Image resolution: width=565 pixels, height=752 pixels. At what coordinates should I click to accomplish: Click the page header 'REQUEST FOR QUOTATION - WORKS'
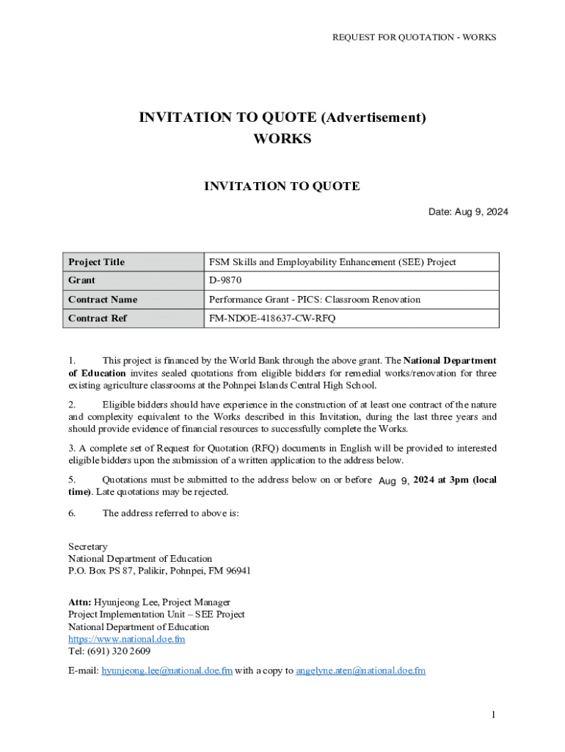coord(415,37)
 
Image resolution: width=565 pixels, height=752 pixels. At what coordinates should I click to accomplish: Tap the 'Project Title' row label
coord(96,262)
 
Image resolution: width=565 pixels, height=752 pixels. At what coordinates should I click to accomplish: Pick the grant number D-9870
coord(225,281)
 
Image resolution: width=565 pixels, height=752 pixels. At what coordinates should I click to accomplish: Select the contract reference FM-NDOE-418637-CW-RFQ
coord(272,319)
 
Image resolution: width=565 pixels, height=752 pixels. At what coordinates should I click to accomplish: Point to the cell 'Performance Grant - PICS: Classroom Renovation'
coord(315,300)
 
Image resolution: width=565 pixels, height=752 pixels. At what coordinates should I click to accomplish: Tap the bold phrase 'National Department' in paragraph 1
coord(450,361)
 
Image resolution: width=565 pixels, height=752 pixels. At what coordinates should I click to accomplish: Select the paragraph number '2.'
coord(72,405)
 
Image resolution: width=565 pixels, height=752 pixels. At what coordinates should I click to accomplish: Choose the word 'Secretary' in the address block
coord(88,546)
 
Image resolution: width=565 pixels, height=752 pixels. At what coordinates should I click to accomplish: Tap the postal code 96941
coord(236,571)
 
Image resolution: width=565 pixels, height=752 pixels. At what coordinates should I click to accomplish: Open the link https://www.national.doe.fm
coord(126,639)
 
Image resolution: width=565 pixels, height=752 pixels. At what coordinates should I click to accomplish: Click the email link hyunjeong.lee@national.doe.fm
coord(167,670)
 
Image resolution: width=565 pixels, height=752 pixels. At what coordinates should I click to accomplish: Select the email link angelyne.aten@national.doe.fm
coord(360,670)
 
